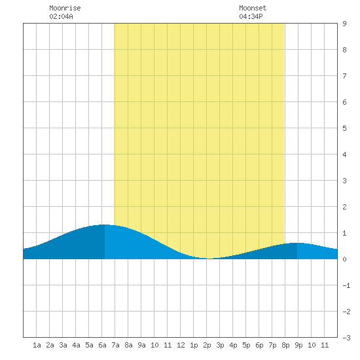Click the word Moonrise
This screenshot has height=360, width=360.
(65, 8)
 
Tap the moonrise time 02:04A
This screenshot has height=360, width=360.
(61, 16)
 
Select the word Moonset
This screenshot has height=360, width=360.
(253, 8)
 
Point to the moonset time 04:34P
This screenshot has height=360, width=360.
(251, 16)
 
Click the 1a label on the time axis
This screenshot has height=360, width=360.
(37, 345)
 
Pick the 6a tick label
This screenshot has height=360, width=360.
(102, 345)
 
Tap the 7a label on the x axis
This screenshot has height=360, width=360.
(115, 345)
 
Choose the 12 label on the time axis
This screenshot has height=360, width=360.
(181, 345)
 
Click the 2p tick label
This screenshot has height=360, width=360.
(207, 345)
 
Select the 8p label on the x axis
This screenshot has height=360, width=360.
(285, 345)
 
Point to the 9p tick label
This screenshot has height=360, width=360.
(298, 345)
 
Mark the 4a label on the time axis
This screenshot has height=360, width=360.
(76, 345)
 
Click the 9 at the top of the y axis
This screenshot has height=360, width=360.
(344, 24)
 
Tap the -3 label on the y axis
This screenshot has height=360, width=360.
(346, 338)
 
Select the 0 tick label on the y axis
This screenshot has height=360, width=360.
(344, 259)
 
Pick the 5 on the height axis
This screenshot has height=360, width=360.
(344, 128)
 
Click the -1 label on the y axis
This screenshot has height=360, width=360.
(346, 285)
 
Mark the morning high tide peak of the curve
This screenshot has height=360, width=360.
(105, 225)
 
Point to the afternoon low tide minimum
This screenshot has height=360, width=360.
(209, 259)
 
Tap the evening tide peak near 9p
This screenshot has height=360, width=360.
(297, 243)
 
